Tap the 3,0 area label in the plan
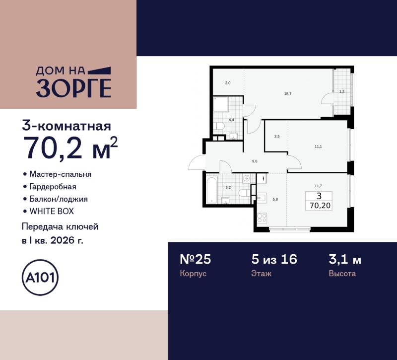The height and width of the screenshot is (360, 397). click(227, 83)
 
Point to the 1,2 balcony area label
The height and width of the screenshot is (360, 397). click(341, 91)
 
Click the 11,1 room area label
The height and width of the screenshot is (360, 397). click(318, 146)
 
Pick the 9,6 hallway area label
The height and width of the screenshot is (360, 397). click(255, 161)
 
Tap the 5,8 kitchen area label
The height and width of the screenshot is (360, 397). click(275, 199)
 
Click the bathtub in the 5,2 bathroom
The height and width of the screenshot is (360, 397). click(215, 189)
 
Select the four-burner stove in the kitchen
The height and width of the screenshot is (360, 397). click(262, 218)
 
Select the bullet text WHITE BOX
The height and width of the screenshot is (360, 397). click(51, 211)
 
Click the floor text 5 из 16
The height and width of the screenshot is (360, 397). click(273, 259)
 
